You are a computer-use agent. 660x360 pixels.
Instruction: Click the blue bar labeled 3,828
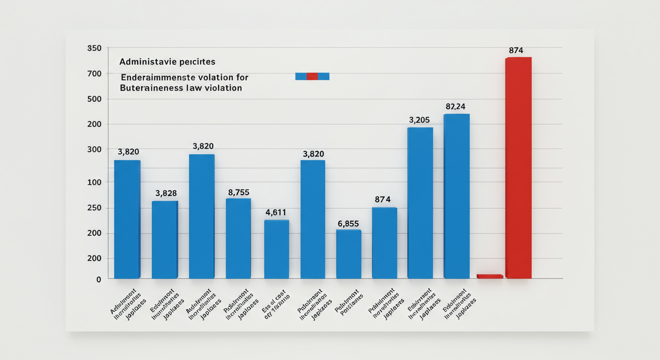click(x=165, y=240)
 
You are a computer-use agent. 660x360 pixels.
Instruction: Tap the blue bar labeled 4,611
click(x=276, y=249)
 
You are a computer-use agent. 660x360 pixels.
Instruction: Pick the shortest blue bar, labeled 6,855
click(x=349, y=254)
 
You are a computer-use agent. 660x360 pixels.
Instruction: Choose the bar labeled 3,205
click(x=420, y=202)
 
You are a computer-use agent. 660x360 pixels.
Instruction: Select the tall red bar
click(x=518, y=167)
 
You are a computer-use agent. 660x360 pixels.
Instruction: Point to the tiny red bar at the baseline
click(x=489, y=277)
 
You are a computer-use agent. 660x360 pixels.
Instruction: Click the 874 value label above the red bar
click(x=516, y=51)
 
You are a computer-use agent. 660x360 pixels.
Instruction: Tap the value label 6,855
click(x=348, y=224)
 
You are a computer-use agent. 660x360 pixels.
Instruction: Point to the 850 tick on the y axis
click(x=94, y=49)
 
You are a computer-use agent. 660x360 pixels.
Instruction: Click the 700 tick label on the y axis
click(x=94, y=74)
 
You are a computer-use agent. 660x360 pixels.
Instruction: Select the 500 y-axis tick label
click(x=94, y=99)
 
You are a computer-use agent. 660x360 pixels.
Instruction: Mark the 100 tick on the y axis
click(x=94, y=182)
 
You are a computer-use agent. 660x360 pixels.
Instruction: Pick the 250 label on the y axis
click(x=94, y=208)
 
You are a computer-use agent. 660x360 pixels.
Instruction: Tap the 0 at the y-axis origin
click(x=98, y=280)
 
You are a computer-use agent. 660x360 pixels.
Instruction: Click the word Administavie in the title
click(x=143, y=62)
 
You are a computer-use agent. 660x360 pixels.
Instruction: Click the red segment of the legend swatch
click(x=312, y=76)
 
